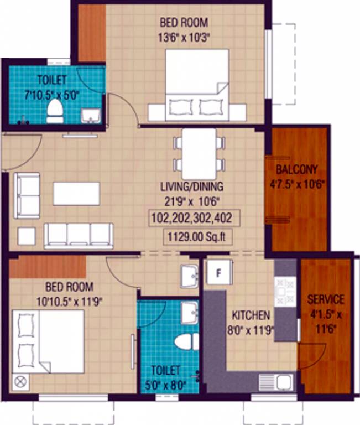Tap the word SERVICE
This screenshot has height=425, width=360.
326,299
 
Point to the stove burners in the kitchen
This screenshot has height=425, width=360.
285,288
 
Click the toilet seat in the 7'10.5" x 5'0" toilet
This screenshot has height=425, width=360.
55,111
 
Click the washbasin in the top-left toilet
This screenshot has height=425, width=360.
91,115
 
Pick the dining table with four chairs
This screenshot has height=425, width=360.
199,154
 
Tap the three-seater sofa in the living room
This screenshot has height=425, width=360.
79,235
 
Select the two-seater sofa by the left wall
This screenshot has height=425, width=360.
27,194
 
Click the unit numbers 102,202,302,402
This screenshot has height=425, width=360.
195,219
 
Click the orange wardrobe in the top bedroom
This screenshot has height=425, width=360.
91,33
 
